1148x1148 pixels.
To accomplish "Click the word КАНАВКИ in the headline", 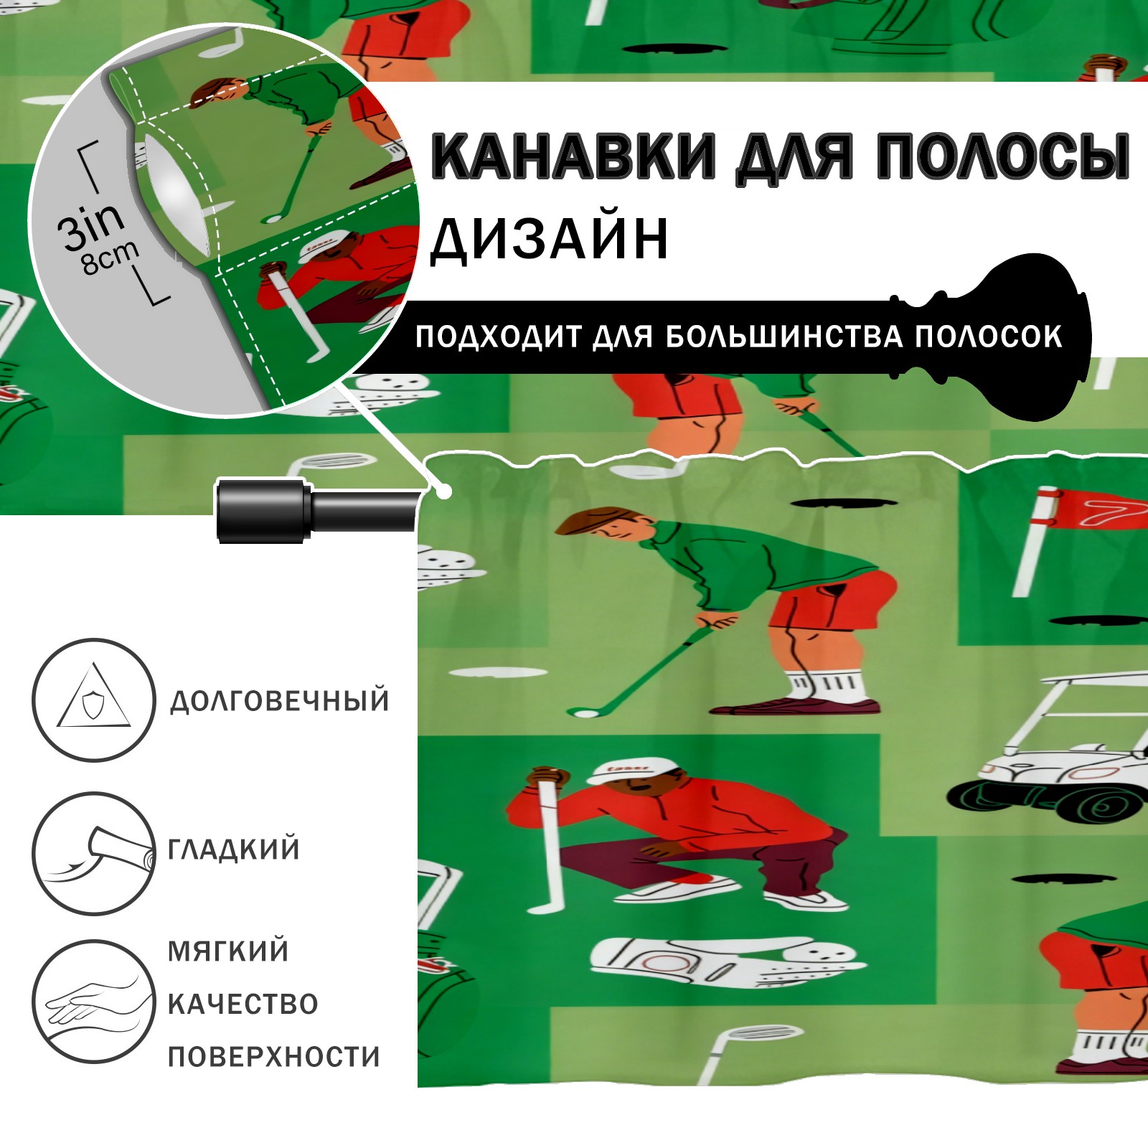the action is (x=573, y=156).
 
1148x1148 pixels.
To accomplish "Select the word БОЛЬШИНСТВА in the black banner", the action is (x=784, y=337).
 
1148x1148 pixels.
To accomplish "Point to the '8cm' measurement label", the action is (x=110, y=257).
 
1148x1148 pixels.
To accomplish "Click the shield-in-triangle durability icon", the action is (x=94, y=700).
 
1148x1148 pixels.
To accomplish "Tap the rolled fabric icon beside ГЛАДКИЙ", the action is (x=94, y=853).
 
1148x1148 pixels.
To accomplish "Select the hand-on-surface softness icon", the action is (x=94, y=1001).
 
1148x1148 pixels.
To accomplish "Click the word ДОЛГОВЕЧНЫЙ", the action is (x=280, y=700).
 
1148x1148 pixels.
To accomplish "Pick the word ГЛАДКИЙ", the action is (x=234, y=849).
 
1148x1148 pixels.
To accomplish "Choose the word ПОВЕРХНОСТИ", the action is (x=274, y=1056).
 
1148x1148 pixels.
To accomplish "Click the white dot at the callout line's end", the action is (x=445, y=492).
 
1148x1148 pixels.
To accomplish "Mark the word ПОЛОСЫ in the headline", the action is (x=1002, y=156).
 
